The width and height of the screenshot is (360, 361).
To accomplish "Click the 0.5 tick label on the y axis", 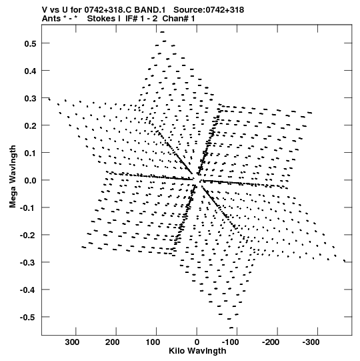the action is coord(31,43).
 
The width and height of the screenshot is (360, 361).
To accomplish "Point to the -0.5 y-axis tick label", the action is coord(28,318).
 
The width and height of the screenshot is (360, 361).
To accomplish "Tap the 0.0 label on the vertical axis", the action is coord(31,180).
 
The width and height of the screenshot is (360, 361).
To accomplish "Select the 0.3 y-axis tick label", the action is coord(31,98).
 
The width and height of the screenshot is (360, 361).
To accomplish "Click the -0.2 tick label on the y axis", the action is coord(28,236).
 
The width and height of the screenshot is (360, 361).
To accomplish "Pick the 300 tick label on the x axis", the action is coord(72,342).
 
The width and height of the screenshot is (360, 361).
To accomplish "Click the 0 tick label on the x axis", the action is coord(197,342).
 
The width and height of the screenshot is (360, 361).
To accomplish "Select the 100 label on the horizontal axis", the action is coord(153,342).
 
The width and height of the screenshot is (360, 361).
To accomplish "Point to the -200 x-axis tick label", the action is coord(271,342).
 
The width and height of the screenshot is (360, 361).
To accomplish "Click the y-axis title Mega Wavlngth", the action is coord(13,177).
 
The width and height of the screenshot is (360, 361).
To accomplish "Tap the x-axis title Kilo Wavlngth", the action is coord(197,351).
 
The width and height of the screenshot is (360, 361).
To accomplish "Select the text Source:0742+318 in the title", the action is coord(209,10).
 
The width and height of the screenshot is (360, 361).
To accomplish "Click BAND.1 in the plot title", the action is coord(150,10).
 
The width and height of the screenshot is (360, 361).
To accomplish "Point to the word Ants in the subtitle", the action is coord(51,19).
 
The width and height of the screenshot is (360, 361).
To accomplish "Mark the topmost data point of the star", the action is coord(163,32).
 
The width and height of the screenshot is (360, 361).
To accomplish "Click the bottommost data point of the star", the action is coord(231,328).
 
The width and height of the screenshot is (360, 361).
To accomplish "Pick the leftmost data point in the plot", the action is coord(49,99).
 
